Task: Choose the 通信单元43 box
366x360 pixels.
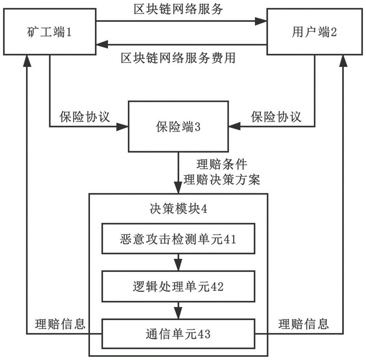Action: click(178, 334)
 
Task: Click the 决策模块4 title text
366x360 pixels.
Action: click(179, 209)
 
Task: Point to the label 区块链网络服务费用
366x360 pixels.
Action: click(178, 58)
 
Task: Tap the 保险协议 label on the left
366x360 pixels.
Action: click(85, 117)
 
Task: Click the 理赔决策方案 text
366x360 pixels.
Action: click(222, 180)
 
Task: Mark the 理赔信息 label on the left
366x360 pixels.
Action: click(60, 323)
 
